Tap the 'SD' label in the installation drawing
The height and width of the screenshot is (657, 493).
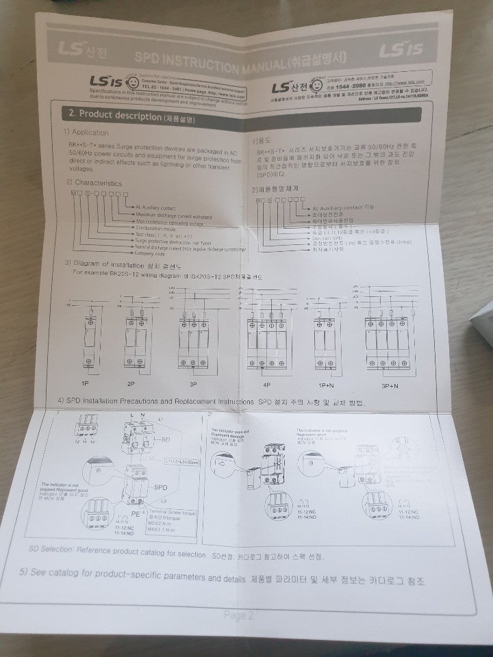166,437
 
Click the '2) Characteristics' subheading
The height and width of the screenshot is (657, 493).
94,183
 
